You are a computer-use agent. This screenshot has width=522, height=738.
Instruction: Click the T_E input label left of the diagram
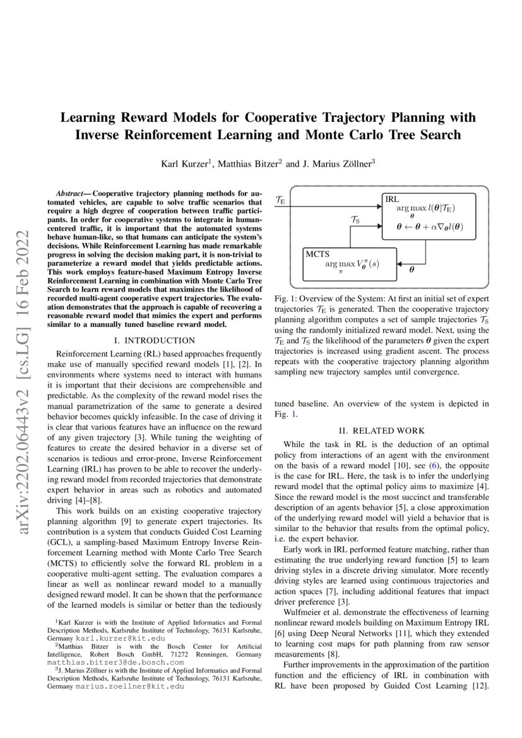point(281,200)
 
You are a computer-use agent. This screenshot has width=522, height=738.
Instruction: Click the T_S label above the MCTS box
point(355,220)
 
